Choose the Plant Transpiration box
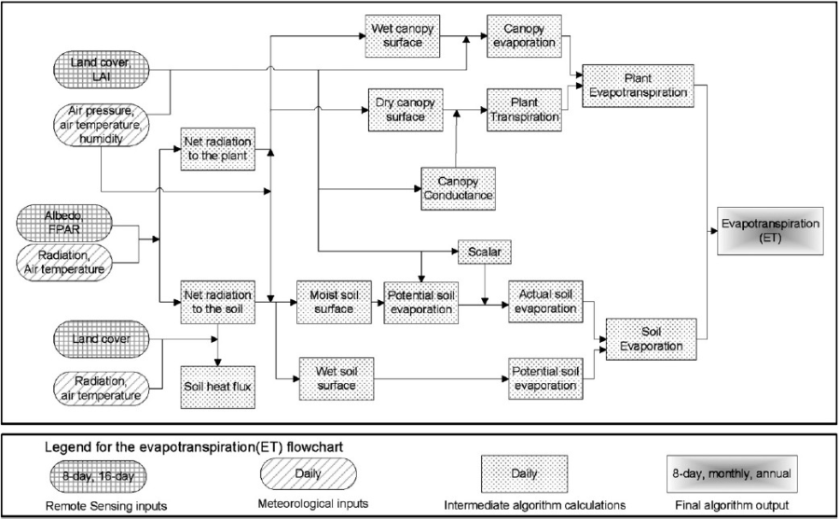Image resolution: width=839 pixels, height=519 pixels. click(524, 108)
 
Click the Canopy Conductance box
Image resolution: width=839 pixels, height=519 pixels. click(458, 189)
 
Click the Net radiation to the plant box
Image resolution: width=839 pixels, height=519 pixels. click(218, 148)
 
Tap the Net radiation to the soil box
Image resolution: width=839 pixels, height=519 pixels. click(218, 302)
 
